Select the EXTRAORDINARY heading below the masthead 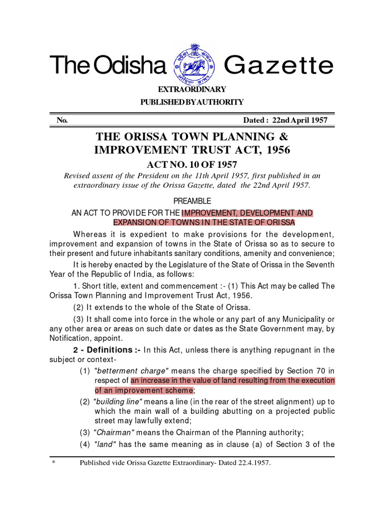(192, 90)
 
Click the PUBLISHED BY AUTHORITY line (192, 102)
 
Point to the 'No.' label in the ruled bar (62, 121)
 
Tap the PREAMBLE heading (192, 201)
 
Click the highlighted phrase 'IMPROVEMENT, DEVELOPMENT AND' (247, 213)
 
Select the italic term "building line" (119, 401)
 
